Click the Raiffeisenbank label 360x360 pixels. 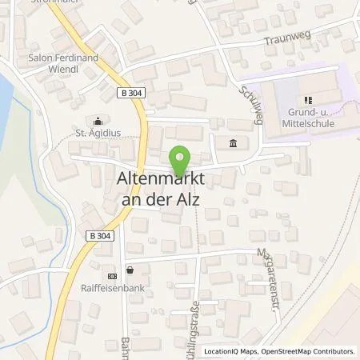125,284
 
